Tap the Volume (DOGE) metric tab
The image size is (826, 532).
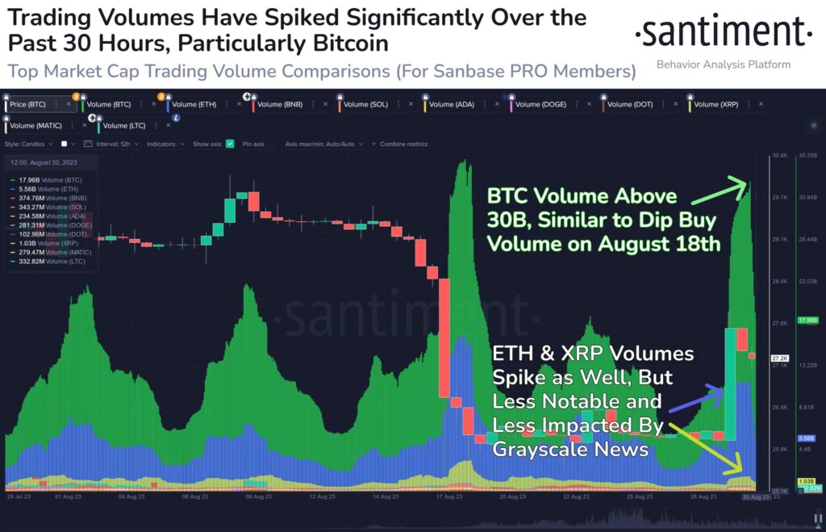(x=538, y=104)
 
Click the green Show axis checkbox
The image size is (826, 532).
(x=230, y=144)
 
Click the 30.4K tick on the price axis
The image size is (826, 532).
(x=757, y=155)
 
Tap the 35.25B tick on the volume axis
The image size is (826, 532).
(x=806, y=155)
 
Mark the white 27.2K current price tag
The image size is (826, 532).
(x=757, y=358)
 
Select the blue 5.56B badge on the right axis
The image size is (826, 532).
(x=806, y=438)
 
